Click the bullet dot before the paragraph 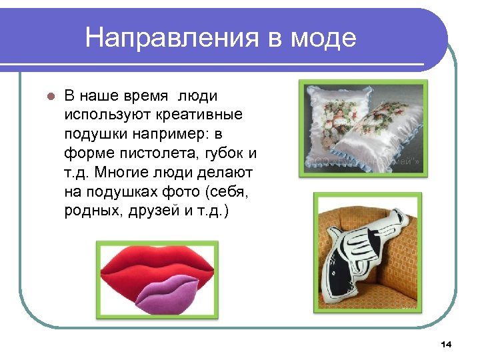(48, 95)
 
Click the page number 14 (446, 344)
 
